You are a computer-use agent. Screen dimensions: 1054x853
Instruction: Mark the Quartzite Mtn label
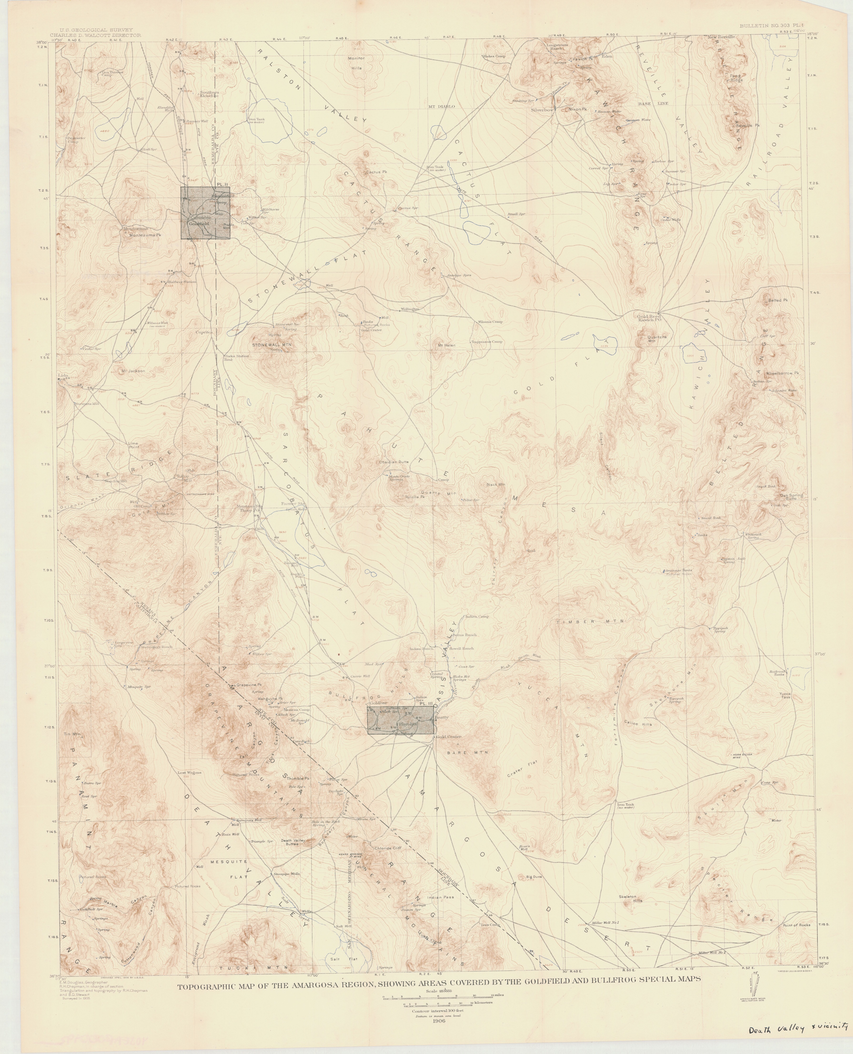point(657,338)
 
